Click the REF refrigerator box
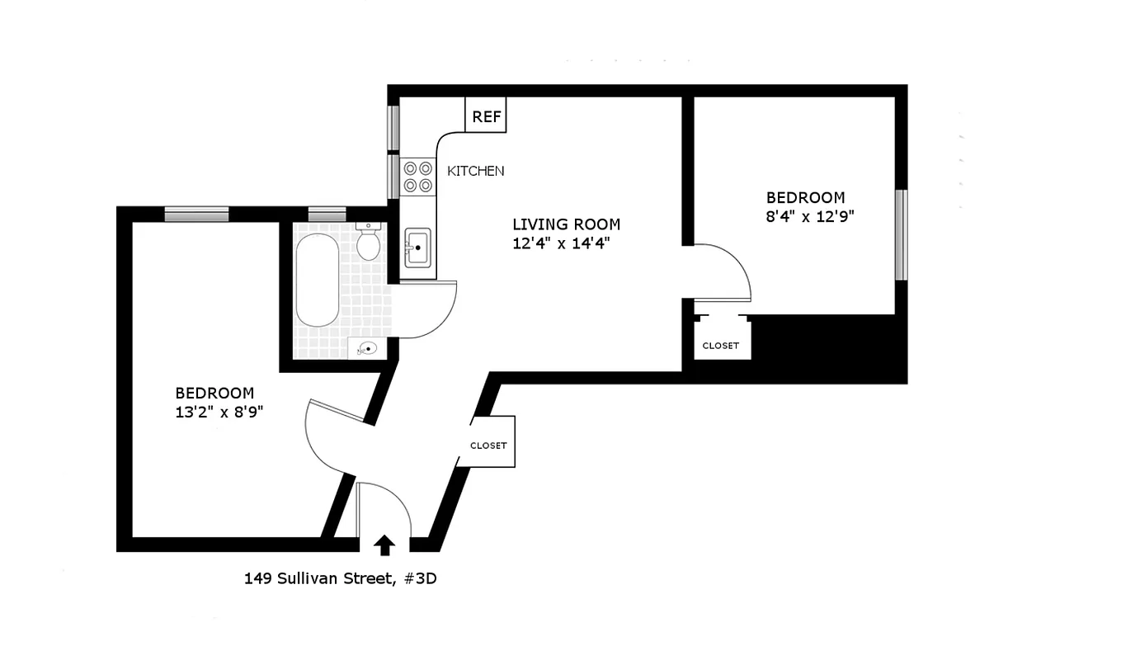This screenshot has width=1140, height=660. point(486,115)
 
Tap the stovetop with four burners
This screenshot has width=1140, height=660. point(418,177)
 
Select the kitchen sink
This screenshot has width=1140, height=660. point(417,246)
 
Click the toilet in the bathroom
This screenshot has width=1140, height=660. point(368,242)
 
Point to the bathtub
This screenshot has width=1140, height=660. point(317,280)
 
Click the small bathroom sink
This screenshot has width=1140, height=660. point(367,349)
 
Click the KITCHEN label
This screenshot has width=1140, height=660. point(475,171)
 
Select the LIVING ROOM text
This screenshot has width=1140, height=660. point(566,224)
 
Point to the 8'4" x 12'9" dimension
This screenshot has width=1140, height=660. point(808,217)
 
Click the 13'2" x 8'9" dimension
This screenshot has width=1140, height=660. point(219,412)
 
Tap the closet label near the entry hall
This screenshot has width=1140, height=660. point(488,445)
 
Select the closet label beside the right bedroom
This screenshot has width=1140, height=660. point(720,346)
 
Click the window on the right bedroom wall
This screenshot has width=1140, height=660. point(901,235)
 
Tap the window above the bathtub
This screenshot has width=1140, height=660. point(327,214)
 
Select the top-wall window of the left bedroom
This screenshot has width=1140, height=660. point(196,214)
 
